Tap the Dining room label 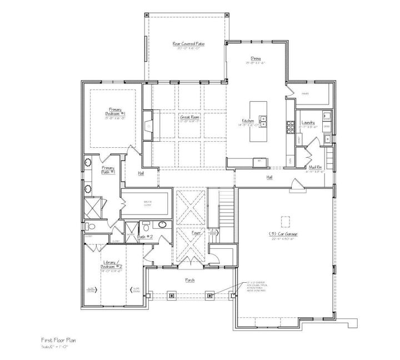click(256, 58)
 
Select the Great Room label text click(189, 117)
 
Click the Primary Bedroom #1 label click(116, 112)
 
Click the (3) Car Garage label click(284, 234)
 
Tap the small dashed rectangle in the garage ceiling click(286, 222)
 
